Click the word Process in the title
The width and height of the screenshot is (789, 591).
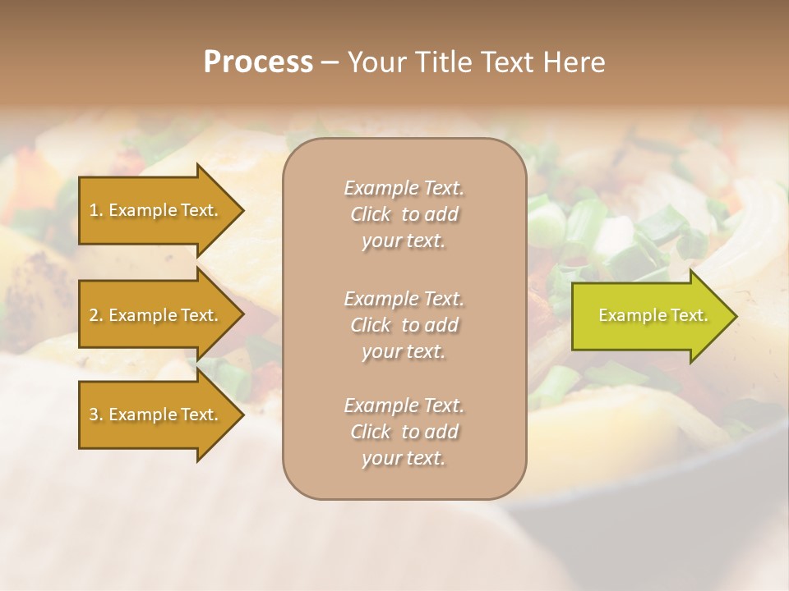click(258, 62)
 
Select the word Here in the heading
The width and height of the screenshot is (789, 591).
click(574, 62)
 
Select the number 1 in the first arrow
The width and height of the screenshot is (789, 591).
click(94, 210)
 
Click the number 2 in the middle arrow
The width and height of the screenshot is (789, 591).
click(94, 315)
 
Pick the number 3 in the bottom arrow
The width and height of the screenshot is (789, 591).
click(94, 415)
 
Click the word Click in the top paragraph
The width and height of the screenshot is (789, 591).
click(371, 214)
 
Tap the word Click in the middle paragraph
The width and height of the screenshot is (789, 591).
click(371, 325)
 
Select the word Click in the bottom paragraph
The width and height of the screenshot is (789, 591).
click(371, 432)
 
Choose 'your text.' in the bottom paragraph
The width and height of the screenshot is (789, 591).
click(404, 458)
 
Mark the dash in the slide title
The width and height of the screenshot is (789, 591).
click(330, 62)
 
